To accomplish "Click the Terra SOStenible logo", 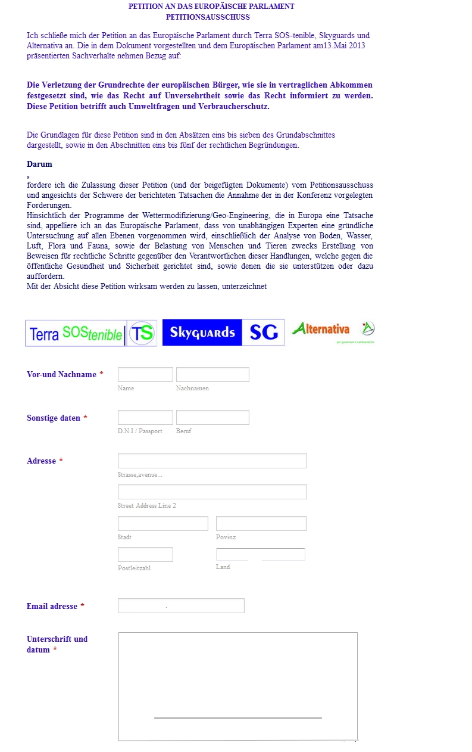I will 91,333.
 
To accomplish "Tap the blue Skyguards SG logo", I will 223,333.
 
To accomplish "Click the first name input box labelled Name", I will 145,375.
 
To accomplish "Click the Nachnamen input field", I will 212,375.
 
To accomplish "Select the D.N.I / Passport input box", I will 145,418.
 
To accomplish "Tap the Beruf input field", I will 212,418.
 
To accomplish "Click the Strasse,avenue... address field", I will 212,461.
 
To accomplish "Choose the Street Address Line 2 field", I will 212,492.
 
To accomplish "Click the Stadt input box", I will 163,524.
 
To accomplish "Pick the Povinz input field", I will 261,524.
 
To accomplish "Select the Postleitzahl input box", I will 145,555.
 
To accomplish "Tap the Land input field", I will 260,555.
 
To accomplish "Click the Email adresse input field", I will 181,606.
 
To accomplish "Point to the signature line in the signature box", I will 237,718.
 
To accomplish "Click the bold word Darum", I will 39,164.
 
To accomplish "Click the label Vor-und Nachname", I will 61,375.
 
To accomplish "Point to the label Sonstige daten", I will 54,418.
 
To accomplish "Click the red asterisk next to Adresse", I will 61,461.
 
